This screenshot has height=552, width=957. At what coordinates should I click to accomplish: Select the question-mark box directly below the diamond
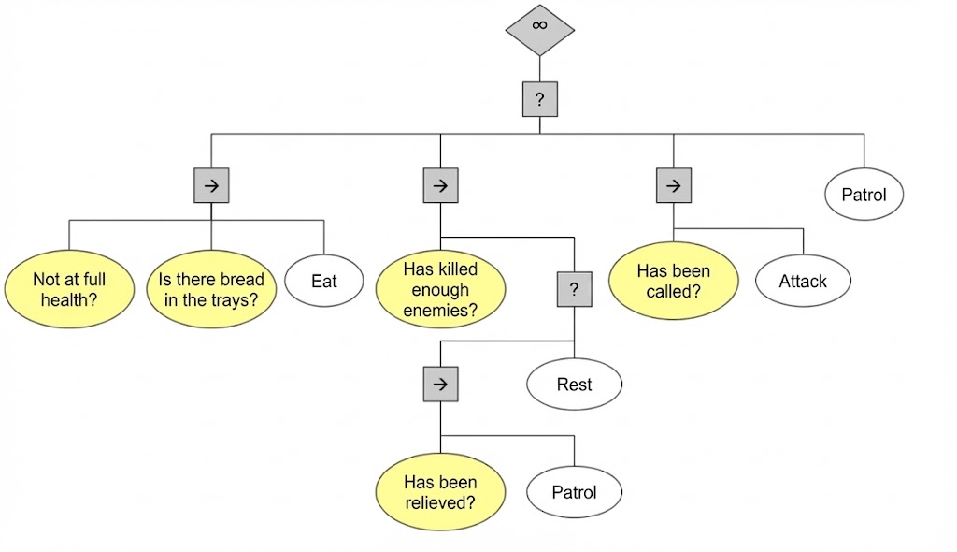pos(539,98)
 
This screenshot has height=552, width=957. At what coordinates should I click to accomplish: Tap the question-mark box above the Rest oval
pos(574,289)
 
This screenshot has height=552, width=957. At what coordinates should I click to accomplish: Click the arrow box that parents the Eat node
pos(211,185)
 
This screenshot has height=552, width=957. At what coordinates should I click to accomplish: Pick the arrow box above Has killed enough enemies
pos(440,185)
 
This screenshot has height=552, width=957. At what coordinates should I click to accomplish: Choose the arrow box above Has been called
pos(673,185)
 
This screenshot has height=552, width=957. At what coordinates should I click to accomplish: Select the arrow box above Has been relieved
pos(440,384)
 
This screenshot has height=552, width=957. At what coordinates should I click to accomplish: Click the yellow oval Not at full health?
pos(69,289)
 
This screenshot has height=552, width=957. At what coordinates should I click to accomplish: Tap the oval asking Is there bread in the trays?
pos(211,289)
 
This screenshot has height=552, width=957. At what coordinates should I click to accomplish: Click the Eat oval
pos(323,280)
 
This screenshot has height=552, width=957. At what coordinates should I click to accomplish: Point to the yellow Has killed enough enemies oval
pos(440,290)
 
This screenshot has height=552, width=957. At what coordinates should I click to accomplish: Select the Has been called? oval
pos(673,280)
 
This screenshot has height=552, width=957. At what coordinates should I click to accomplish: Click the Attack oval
pos(803,280)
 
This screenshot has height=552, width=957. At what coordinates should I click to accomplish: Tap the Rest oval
pos(574,384)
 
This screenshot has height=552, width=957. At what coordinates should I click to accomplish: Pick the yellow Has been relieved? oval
pos(440,492)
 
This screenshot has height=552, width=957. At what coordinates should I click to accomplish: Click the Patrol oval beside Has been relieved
pos(574,492)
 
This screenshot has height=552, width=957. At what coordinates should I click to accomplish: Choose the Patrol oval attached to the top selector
pos(864,196)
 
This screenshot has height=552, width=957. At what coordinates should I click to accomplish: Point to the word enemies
pos(440,311)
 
